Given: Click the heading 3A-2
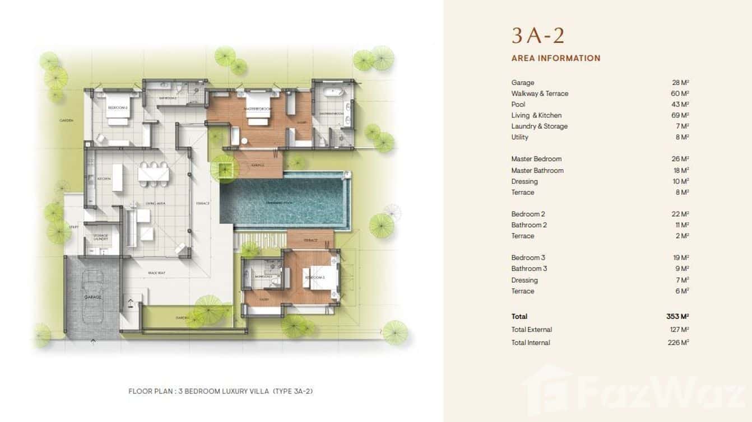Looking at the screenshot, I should (537, 35).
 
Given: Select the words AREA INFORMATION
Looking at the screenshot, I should (555, 58).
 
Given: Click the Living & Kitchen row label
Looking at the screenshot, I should (536, 115).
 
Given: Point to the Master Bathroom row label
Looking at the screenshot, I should (537, 170).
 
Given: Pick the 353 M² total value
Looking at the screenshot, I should (677, 317).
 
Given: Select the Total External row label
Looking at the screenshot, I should (531, 330).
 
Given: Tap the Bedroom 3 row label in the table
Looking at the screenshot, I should (528, 258).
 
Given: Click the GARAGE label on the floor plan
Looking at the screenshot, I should (92, 297).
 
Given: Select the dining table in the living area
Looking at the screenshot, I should (153, 174).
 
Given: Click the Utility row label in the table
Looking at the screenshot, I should (519, 137).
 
